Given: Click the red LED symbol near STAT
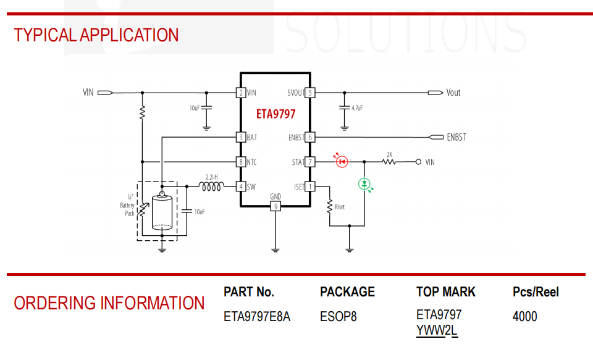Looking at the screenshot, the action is [x=342, y=162].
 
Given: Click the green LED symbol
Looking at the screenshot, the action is [x=364, y=184].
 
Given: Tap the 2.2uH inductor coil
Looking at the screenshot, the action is [x=211, y=186].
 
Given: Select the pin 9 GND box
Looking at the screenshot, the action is [x=275, y=206].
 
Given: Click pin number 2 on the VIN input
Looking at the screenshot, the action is [x=241, y=93].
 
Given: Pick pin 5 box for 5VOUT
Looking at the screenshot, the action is [x=310, y=93].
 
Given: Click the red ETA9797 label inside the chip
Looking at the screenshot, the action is [x=275, y=114].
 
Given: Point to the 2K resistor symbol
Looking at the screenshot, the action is [x=389, y=162].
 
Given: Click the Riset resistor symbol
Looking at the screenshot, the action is [x=330, y=206].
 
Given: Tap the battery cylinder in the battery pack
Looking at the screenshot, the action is [x=162, y=212].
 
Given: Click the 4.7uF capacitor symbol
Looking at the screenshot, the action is [x=344, y=108].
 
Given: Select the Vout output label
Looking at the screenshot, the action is [x=453, y=93].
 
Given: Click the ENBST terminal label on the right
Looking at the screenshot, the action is [x=456, y=137].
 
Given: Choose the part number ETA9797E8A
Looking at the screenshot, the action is [x=257, y=317].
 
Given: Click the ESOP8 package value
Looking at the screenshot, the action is [x=338, y=317].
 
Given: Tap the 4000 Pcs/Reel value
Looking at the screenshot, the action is [x=524, y=317].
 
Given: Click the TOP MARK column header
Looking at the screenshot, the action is [x=446, y=292].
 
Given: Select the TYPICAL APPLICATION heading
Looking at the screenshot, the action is [x=96, y=35].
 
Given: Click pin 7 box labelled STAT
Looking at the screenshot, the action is [x=310, y=162].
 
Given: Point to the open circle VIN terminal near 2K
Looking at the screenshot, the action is [x=418, y=162].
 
